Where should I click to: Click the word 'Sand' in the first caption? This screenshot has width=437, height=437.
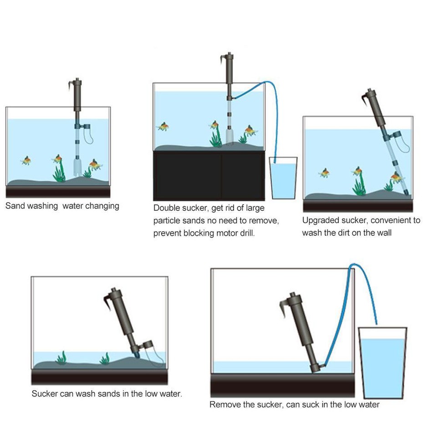(15, 206)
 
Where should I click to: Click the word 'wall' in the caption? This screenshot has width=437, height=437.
(382, 233)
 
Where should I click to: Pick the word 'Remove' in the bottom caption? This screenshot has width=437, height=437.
(224, 404)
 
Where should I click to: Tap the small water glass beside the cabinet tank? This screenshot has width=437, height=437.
(283, 178)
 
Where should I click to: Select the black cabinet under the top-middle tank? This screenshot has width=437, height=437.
(209, 175)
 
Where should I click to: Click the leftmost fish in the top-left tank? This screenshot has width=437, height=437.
(26, 160)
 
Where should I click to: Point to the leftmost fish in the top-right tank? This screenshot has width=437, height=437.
(324, 173)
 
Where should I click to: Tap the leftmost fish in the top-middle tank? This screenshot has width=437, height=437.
(163, 126)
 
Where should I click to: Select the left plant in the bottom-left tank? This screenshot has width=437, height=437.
(61, 358)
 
